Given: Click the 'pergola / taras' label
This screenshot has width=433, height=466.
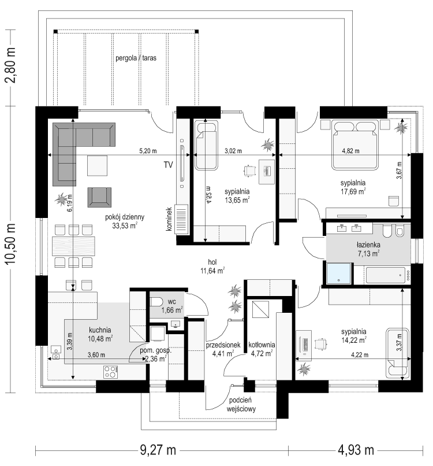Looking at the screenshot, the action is (136, 58).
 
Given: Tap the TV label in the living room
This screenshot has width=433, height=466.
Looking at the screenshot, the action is (168, 165).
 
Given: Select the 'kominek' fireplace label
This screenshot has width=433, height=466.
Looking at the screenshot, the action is (169, 219).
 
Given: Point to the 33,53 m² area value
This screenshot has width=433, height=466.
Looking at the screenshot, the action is (125, 226).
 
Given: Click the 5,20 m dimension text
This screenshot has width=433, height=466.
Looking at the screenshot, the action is (148, 151).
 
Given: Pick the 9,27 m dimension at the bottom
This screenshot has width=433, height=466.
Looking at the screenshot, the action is (158, 450).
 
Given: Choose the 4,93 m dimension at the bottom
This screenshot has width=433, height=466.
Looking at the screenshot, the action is (356, 450).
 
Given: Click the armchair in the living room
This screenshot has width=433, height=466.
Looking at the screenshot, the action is (99, 197).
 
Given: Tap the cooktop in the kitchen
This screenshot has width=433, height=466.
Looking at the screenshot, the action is (111, 372).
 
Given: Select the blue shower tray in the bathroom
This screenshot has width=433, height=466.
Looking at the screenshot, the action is (339, 273).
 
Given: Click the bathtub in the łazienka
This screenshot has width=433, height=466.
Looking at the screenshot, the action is (386, 275).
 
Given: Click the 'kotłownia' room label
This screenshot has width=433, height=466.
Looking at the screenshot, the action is (262, 345).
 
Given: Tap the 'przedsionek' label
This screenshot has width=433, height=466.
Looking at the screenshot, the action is (223, 345).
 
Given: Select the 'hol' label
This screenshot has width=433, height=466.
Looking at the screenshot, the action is (212, 262).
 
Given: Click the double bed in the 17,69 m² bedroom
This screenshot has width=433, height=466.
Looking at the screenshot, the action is (355, 145).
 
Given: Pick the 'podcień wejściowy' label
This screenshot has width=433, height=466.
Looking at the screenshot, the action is (241, 405).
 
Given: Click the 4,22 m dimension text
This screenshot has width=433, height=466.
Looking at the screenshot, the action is (360, 355).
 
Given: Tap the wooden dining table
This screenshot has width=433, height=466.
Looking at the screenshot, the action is (73, 246).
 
